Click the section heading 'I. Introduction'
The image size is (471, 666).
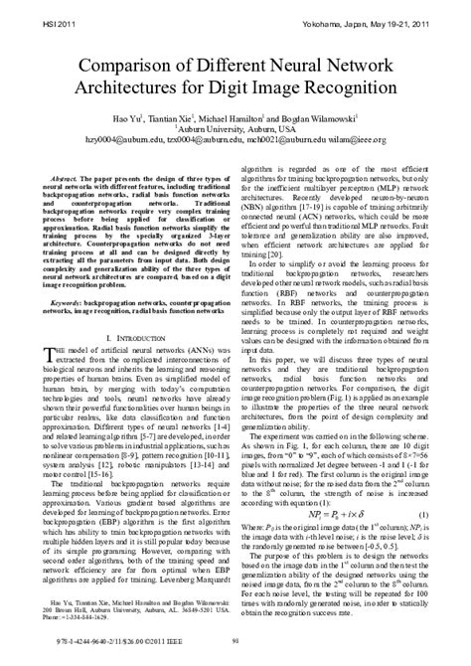[130, 338]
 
